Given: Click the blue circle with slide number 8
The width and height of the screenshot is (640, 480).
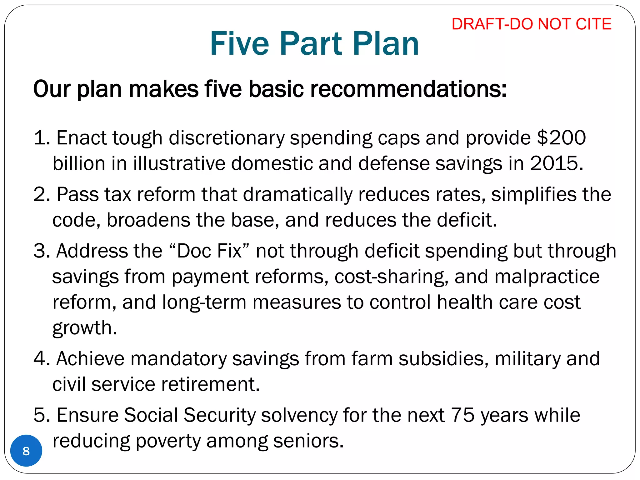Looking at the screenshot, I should (26, 451).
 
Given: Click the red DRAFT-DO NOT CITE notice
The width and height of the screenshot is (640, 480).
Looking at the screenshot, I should (531, 24).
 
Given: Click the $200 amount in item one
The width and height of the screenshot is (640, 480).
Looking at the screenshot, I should (561, 137).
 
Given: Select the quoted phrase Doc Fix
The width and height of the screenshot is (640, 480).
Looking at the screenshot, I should (209, 251).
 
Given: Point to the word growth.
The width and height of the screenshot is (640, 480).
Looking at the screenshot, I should (84, 328).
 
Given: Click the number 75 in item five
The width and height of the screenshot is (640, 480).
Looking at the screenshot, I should (462, 415).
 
